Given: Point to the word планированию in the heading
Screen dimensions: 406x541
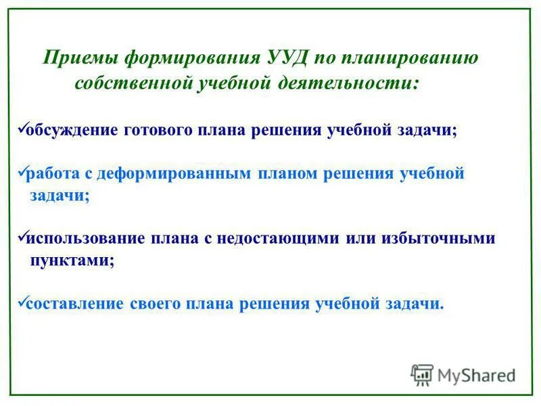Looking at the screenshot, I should pos(415,58).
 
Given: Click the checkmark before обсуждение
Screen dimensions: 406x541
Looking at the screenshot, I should pos(20,128).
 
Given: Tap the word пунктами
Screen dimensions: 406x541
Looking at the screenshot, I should pos(72,261).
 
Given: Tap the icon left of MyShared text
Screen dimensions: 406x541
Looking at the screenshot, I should pos(422,374).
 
